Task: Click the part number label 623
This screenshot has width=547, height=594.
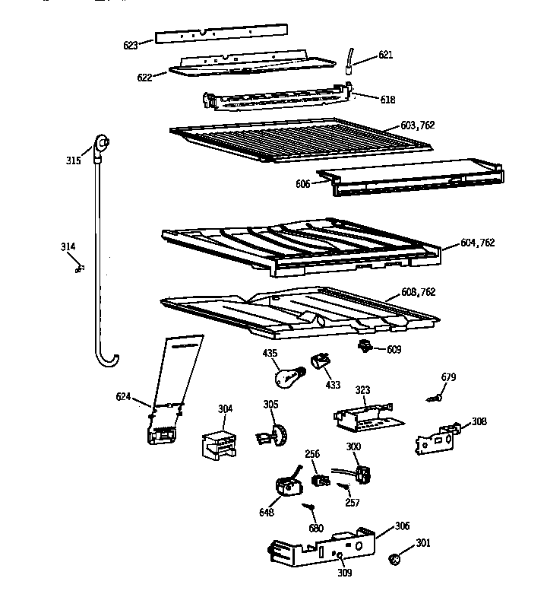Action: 130,46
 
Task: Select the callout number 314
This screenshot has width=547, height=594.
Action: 68,246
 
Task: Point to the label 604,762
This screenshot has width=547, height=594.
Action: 477,243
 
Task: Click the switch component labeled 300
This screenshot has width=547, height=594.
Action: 362,476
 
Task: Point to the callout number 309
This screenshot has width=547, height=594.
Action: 345,573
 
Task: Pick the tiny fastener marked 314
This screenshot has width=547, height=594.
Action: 79,268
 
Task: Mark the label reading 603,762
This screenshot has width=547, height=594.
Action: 418,125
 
